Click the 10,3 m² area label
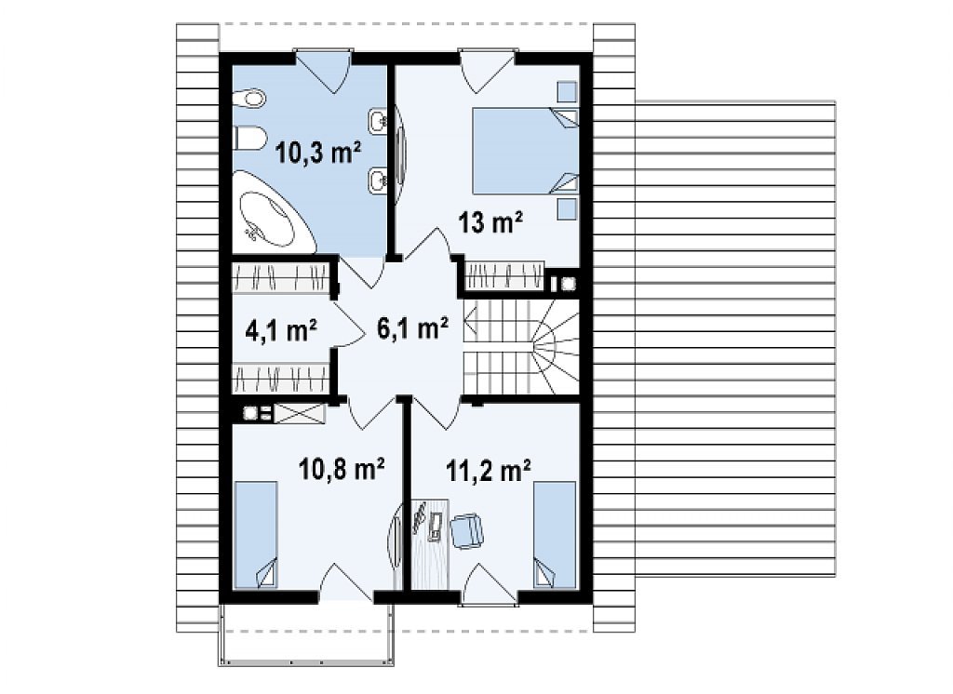point(318,152)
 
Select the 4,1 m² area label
point(281,330)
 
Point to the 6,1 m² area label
point(412,328)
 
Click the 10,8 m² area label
point(342,468)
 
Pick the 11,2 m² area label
point(489,470)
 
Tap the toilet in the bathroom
point(249,138)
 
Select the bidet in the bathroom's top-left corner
point(249,98)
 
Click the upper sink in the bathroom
point(378,122)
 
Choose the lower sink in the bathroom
point(378,179)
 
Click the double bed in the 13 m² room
point(525,151)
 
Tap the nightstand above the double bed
point(567,92)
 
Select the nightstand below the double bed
point(567,208)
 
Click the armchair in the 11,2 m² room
point(467,530)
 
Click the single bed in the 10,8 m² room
point(256,535)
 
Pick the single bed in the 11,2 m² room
point(555,535)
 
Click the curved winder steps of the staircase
point(552,346)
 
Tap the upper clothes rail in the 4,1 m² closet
point(281,277)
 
